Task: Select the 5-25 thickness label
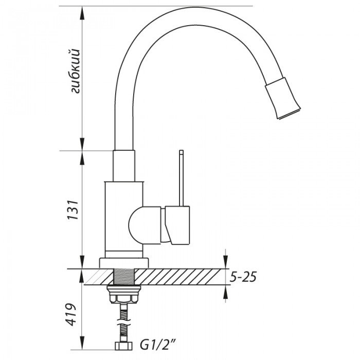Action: coord(242,277)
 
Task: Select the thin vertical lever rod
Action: coord(181,177)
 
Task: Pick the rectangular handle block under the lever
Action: coord(177,225)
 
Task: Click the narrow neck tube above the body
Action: coord(125,166)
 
